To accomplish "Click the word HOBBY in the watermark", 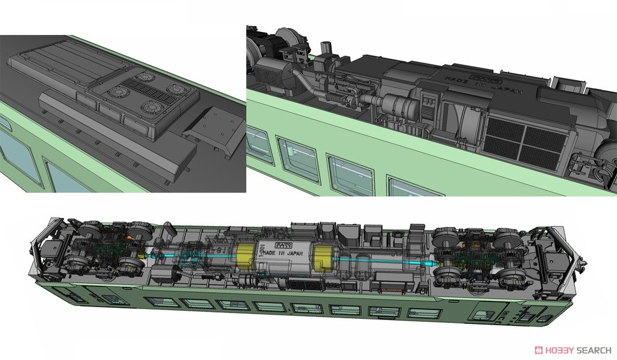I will [558, 349].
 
